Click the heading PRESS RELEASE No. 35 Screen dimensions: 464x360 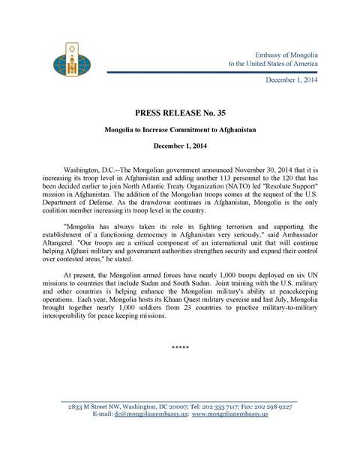(x=179, y=115)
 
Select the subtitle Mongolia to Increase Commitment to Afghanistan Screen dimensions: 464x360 (x=180, y=130)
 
